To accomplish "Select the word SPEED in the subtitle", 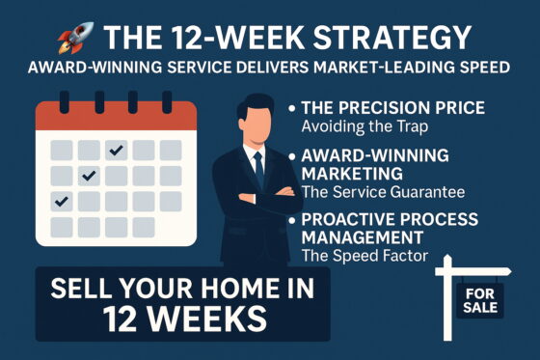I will tap(491, 69).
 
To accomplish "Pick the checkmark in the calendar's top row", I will tap(116, 150).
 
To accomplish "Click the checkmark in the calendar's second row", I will tap(88, 176).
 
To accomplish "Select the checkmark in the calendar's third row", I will tap(61, 201).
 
